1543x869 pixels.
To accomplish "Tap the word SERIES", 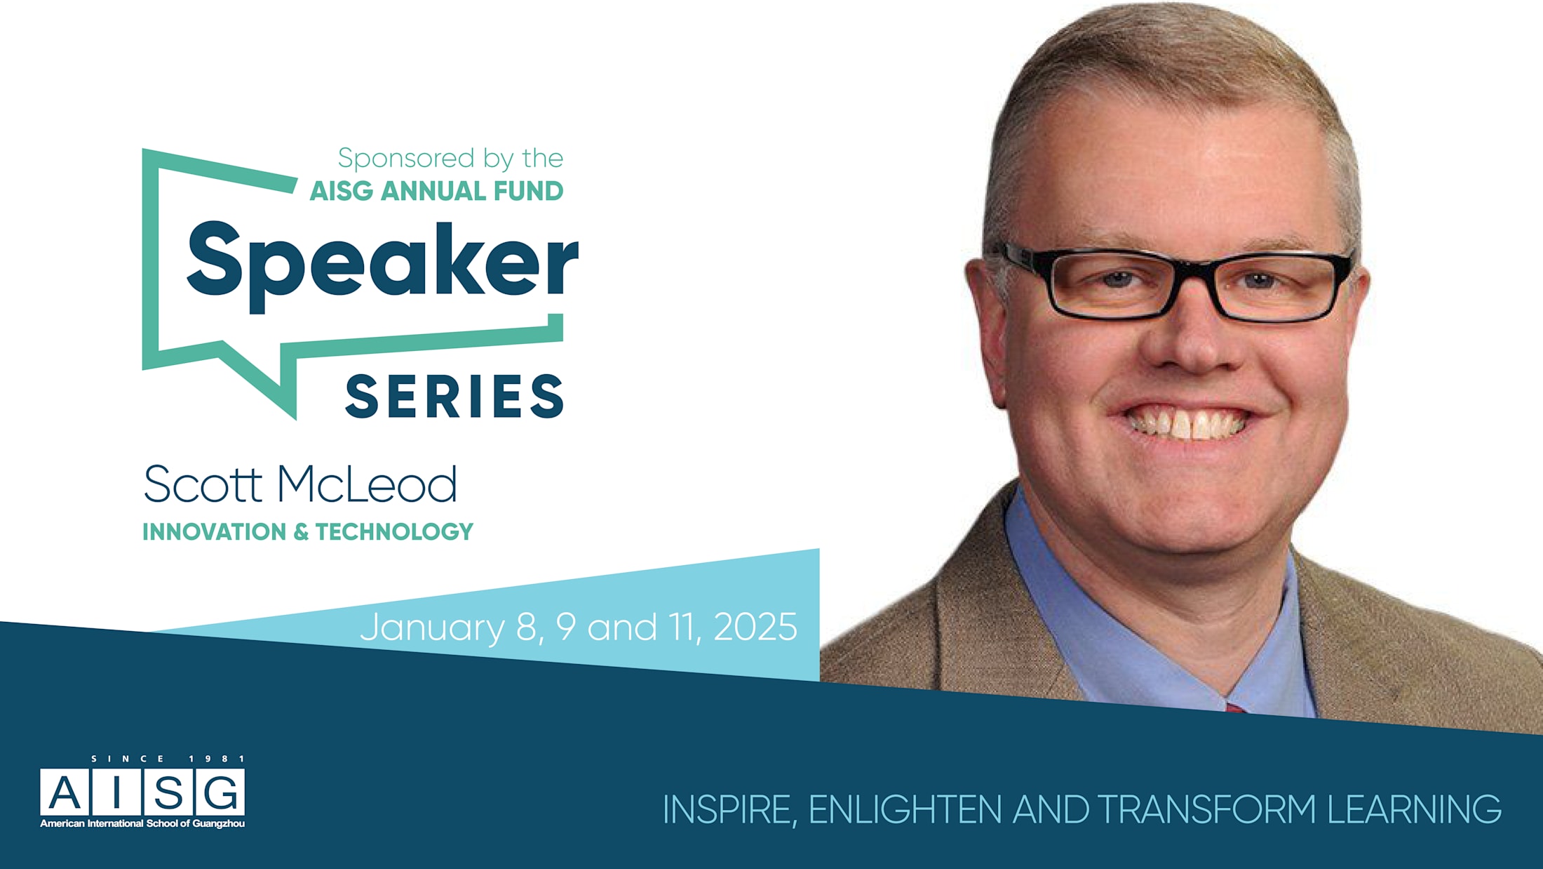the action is coord(454,397).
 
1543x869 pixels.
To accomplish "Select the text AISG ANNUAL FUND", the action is coord(436,191).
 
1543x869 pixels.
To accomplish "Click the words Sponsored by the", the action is coord(450,159).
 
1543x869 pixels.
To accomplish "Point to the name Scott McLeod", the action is coord(300,484).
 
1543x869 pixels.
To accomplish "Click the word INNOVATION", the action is coord(214,532).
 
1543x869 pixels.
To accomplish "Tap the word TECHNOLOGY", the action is coord(394,532).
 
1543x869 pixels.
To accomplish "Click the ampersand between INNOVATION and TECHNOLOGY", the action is coord(301,532).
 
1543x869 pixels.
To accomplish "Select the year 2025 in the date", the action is coord(755,627).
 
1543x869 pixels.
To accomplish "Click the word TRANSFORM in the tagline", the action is coord(1207,809).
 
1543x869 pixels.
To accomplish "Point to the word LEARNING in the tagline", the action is coord(1414,809).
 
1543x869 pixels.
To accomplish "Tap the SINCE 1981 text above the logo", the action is coord(168,759).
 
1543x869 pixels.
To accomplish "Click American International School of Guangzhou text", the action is coord(142,823).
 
